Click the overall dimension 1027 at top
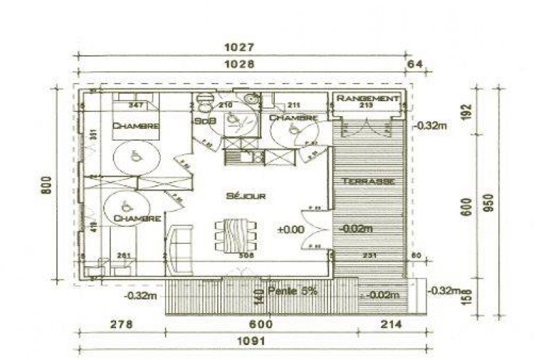pyautogui.click(x=241, y=48)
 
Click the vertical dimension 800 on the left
pyautogui.click(x=45, y=185)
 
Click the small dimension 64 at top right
pyautogui.click(x=414, y=65)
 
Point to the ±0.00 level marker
pyautogui.click(x=291, y=230)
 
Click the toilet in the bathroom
pyautogui.click(x=202, y=102)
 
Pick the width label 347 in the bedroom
pyautogui.click(x=135, y=106)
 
